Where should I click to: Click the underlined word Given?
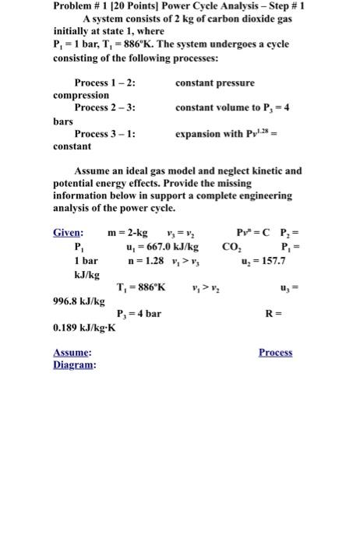tap(68, 233)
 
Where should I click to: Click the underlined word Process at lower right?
tap(275, 352)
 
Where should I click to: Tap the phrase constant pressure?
tap(214, 83)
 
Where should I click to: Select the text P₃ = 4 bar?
tap(139, 314)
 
